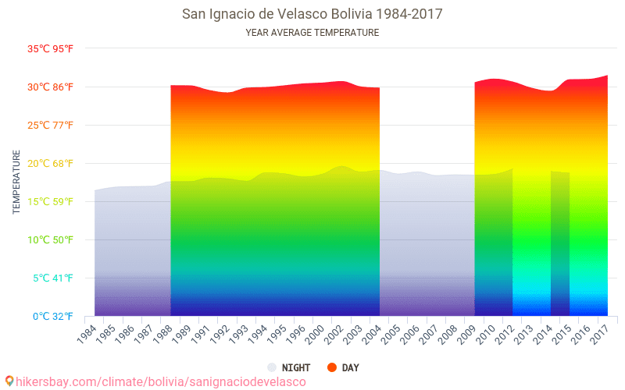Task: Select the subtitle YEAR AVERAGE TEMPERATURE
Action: click(x=312, y=33)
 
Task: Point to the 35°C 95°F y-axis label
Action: click(x=51, y=49)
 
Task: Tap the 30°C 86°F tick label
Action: click(x=51, y=87)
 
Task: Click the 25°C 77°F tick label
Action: click(x=51, y=126)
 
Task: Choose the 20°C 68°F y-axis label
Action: click(x=51, y=164)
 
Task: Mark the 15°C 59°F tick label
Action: click(x=51, y=202)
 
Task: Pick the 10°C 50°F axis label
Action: click(x=51, y=240)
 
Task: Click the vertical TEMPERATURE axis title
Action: click(x=16, y=182)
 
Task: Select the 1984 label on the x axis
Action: click(x=87, y=334)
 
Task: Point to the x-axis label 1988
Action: click(x=164, y=334)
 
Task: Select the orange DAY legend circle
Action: click(x=332, y=367)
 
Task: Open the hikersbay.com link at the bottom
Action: click(x=161, y=381)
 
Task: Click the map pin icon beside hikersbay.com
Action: click(x=9, y=381)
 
